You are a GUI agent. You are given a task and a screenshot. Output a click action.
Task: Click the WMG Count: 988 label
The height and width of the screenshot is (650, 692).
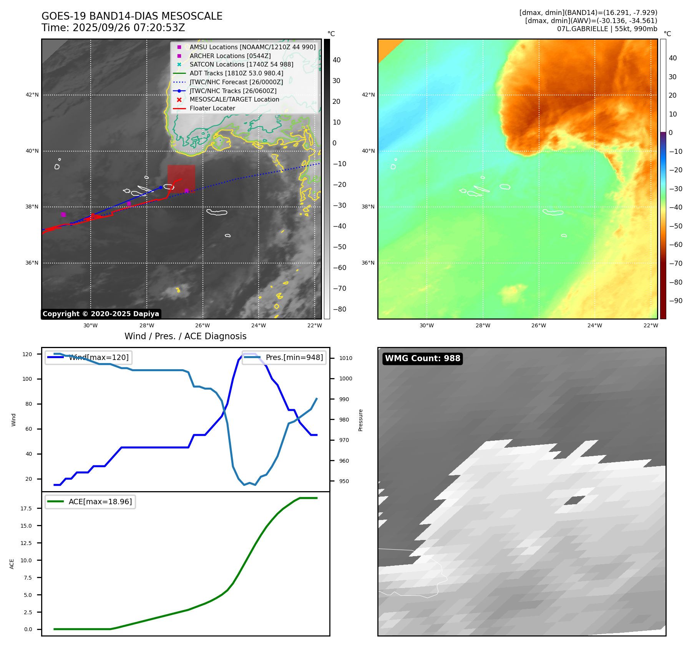tap(422, 358)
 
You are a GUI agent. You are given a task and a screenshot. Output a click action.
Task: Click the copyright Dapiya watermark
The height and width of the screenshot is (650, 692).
tap(101, 314)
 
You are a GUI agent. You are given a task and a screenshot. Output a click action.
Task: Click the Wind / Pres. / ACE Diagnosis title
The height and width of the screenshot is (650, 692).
tap(185, 336)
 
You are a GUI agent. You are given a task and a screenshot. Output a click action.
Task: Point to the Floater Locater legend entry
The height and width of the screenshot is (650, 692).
tap(212, 108)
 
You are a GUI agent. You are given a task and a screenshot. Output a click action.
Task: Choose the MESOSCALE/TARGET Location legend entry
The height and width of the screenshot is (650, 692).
tap(234, 100)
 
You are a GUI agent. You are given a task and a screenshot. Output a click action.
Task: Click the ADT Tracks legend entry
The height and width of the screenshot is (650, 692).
tap(236, 73)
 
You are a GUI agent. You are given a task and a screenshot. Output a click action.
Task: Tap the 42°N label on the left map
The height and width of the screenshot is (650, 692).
tap(32, 95)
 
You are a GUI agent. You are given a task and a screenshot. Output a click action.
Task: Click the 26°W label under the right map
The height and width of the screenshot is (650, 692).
tap(539, 325)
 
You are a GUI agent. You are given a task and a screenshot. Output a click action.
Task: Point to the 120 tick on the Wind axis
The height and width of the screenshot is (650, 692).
tap(27, 354)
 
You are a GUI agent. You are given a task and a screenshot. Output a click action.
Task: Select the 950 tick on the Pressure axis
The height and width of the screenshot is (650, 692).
tap(344, 481)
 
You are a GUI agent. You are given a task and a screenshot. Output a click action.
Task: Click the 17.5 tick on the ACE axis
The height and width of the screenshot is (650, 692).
tap(26, 508)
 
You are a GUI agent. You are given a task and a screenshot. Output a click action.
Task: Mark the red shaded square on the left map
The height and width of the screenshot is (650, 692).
tap(181, 178)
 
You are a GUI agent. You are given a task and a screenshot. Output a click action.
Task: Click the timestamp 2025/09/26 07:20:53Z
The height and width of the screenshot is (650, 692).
tap(129, 28)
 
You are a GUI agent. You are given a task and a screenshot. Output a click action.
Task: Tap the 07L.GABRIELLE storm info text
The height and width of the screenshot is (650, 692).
tap(607, 29)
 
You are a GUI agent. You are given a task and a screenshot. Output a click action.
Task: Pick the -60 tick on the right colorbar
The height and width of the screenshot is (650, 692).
tap(675, 245)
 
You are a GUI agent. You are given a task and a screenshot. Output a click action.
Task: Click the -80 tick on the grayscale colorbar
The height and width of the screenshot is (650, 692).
tap(339, 309)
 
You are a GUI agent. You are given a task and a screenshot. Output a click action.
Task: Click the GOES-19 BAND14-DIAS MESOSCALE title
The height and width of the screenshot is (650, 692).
tap(132, 16)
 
